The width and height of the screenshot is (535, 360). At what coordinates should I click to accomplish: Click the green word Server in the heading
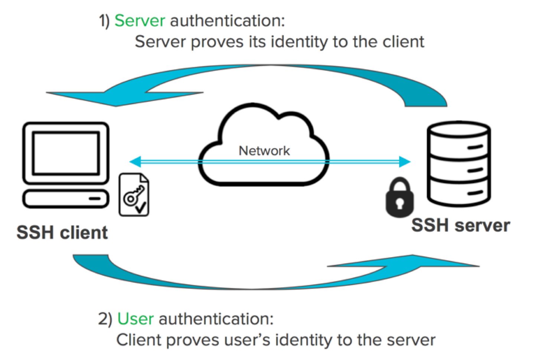click(x=140, y=21)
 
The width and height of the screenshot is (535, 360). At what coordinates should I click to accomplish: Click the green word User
click(x=135, y=319)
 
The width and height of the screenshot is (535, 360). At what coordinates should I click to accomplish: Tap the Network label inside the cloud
click(x=264, y=151)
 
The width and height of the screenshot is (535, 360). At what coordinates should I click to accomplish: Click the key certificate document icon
click(x=134, y=195)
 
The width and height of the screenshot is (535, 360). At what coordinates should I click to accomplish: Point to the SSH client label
click(x=62, y=233)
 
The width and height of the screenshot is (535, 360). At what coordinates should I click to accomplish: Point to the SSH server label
click(x=460, y=225)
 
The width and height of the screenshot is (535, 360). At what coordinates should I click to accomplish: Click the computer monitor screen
click(x=66, y=153)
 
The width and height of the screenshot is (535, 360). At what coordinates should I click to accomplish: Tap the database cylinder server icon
click(x=459, y=163)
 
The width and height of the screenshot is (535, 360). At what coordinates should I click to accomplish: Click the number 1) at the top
click(x=104, y=21)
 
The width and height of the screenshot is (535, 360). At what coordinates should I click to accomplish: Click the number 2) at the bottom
click(x=105, y=319)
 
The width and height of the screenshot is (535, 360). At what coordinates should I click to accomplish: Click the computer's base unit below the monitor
click(x=66, y=199)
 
